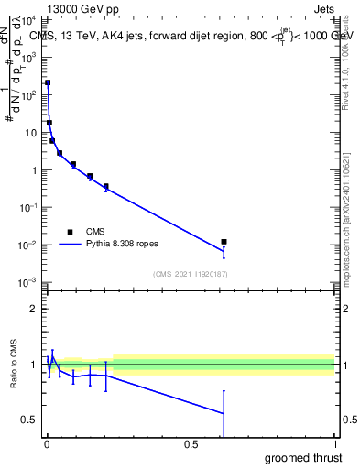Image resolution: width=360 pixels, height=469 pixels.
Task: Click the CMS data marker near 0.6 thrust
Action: (224, 242)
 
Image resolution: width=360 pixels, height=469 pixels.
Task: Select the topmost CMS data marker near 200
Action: (48, 82)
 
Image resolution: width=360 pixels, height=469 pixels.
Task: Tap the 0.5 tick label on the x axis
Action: (191, 444)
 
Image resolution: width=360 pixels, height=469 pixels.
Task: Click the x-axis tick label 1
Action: (334, 444)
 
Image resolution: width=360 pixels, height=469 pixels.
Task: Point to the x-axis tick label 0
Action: (47, 444)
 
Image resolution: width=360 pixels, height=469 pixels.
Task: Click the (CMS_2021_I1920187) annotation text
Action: (190, 274)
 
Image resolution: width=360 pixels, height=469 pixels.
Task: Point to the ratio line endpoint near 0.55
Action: (224, 413)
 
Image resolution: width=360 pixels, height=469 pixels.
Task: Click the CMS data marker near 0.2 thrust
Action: (106, 187)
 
